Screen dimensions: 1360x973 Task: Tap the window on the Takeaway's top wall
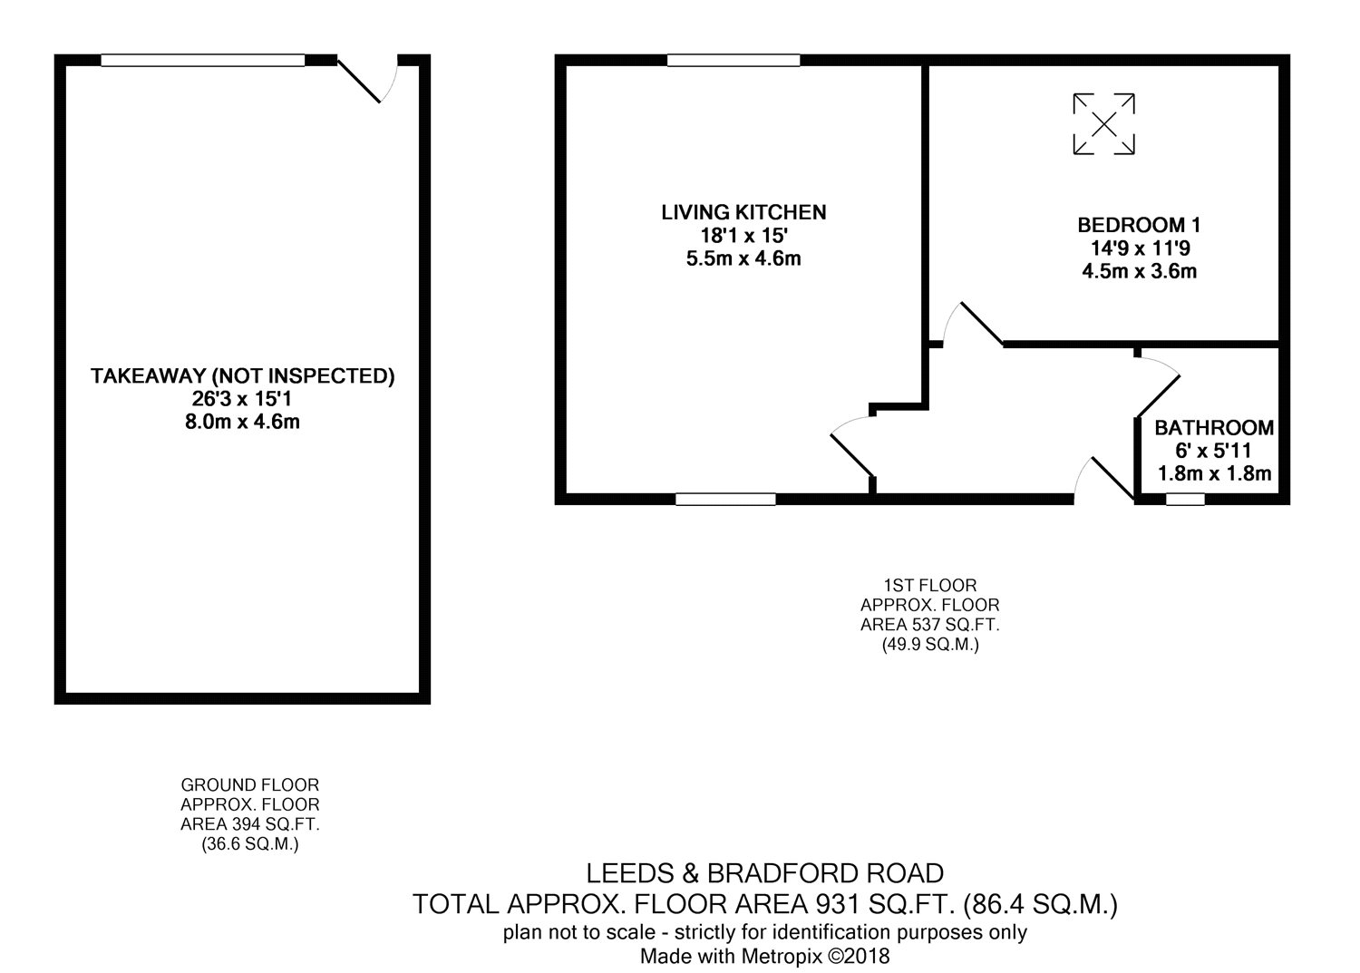tap(203, 60)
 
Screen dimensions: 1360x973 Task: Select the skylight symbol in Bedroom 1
tap(1103, 124)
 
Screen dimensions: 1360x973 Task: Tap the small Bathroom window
tap(1185, 500)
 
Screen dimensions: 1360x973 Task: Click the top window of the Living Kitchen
tap(733, 60)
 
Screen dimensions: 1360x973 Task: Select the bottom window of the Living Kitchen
tap(725, 500)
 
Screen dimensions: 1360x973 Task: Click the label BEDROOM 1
tap(1139, 225)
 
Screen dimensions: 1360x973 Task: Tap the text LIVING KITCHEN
tap(743, 212)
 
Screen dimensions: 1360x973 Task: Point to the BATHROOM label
tap(1214, 428)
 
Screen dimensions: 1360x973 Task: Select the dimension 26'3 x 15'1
tap(242, 399)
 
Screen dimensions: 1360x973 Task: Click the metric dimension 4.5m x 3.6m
tap(1139, 271)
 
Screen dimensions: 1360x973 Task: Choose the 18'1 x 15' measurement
tap(743, 236)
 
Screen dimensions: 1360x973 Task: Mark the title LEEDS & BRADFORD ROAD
tap(765, 873)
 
